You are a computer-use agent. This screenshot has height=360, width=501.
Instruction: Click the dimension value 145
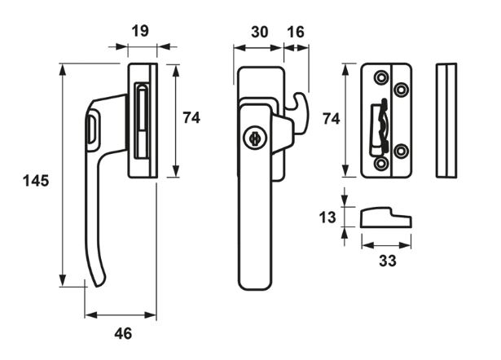tap(35, 181)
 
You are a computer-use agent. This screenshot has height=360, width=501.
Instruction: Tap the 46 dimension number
tap(121, 332)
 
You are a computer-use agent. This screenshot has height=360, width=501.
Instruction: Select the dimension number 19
tap(138, 31)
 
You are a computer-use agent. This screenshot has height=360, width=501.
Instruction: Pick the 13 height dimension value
tap(327, 217)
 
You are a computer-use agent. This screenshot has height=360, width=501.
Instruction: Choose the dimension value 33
tap(387, 261)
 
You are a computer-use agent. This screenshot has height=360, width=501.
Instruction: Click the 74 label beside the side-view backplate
tap(191, 117)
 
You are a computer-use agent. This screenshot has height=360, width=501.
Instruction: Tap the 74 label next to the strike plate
tap(330, 118)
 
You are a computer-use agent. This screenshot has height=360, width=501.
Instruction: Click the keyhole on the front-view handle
tap(254, 138)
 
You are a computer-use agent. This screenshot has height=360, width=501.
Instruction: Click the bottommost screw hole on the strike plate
tap(381, 164)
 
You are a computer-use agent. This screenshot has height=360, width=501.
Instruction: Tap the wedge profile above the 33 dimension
tap(385, 218)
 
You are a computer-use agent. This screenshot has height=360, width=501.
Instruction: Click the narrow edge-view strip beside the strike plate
tap(446, 119)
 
